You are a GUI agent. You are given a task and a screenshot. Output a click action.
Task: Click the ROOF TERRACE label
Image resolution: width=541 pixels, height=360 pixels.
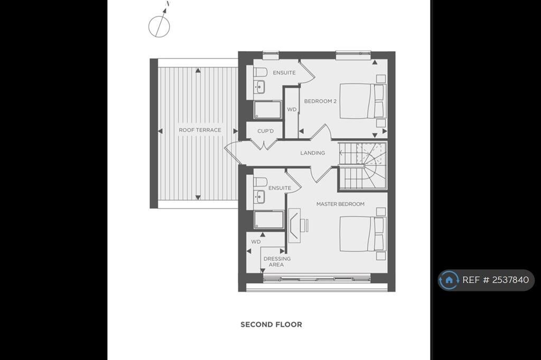(x=200, y=130)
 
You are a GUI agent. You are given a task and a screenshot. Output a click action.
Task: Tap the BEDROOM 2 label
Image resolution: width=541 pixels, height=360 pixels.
(x=320, y=101)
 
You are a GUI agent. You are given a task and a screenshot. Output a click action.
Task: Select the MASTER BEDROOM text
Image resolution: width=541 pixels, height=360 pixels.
(x=340, y=204)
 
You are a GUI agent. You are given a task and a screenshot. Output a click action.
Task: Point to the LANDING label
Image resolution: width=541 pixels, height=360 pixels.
(x=312, y=153)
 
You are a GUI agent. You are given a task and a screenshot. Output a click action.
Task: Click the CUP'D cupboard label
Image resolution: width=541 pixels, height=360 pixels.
(x=265, y=131)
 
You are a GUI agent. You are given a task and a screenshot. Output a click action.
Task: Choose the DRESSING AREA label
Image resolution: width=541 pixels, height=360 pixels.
(x=277, y=261)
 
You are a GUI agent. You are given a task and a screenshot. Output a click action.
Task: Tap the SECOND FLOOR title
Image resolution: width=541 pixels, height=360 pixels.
(x=271, y=325)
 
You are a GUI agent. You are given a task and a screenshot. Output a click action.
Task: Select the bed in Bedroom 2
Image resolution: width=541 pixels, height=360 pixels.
(x=362, y=101)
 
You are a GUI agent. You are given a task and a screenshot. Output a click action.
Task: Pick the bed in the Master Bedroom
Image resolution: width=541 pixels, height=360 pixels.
(x=362, y=233)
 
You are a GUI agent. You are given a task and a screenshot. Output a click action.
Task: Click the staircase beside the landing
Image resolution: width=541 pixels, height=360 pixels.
(x=362, y=166)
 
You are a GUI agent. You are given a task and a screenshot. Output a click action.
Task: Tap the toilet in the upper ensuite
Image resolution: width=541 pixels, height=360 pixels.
(x=260, y=72)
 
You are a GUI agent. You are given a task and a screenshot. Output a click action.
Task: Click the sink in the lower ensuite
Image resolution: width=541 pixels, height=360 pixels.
(x=259, y=197)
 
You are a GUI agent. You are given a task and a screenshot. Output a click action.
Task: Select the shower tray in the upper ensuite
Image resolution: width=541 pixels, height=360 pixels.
(x=267, y=110)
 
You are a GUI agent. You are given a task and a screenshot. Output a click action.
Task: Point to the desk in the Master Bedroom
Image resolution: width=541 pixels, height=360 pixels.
(x=294, y=225)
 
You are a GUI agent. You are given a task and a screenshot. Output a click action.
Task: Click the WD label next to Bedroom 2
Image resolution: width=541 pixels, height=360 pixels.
(x=292, y=109)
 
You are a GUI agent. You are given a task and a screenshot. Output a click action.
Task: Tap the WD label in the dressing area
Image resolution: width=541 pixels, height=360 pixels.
(x=256, y=242)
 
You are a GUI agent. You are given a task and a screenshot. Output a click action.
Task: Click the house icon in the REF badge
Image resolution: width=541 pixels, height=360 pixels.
(x=449, y=280)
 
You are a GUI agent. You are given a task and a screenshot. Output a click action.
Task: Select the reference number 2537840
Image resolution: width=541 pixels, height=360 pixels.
(x=510, y=280)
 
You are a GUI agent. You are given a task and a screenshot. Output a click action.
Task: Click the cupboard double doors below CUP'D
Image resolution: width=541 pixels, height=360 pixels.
(x=265, y=145)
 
